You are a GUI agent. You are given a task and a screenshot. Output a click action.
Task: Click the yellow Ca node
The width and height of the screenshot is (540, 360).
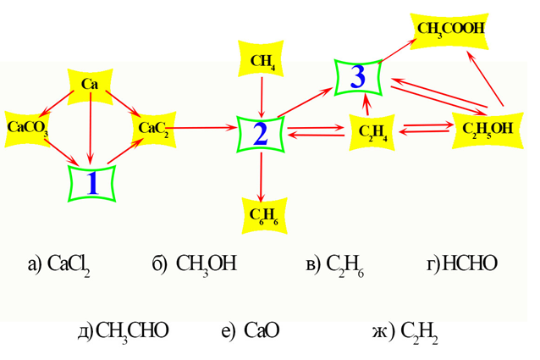click(x=90, y=84)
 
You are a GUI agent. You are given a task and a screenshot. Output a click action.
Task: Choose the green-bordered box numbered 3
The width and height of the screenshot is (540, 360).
click(x=358, y=78)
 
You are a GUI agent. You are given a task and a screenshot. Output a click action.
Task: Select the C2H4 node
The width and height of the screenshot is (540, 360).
click(x=372, y=131)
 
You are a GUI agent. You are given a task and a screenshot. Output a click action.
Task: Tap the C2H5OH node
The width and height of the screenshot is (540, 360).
click(x=488, y=129)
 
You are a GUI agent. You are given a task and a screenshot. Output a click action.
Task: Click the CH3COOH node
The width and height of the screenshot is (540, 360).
click(x=451, y=29)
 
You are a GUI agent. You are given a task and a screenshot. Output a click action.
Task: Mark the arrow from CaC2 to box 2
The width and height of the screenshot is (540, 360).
click(x=203, y=129)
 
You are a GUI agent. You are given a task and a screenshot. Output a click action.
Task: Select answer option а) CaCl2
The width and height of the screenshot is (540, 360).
click(x=58, y=264)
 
